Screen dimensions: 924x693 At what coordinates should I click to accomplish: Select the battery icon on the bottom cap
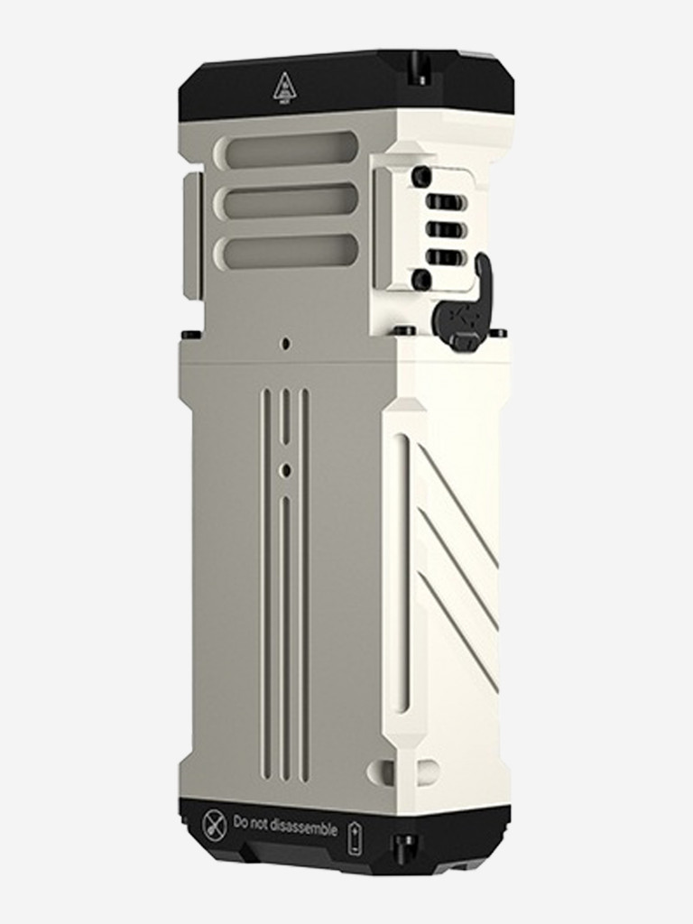[355, 837]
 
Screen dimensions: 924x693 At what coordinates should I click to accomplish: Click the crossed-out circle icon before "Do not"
[214, 823]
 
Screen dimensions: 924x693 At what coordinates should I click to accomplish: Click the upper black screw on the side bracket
[420, 177]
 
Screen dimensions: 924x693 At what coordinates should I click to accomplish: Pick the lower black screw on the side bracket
[420, 280]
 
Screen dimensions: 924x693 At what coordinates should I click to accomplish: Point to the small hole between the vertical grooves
[285, 470]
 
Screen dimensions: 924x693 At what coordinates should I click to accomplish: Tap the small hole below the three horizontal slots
[285, 344]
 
